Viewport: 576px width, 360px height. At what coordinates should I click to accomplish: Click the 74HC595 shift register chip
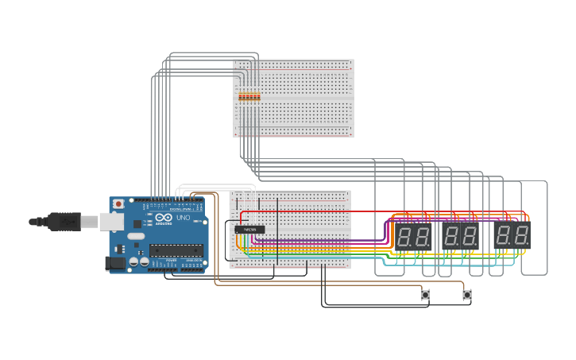coord(249,230)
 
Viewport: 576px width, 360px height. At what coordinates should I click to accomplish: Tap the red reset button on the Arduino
coord(118,204)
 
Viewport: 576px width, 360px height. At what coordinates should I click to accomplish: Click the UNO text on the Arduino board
coord(182,218)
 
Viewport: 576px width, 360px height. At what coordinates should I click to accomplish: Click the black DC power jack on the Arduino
coord(116,262)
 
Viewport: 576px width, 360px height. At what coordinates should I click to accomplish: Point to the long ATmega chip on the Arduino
coord(176,250)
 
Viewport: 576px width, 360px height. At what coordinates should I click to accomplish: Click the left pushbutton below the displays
coord(425,295)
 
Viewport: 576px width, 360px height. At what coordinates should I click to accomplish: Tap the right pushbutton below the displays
coord(467,295)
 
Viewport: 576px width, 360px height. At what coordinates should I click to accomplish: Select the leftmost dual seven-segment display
coord(413,235)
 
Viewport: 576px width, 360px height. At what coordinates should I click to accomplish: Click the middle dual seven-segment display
coord(460,235)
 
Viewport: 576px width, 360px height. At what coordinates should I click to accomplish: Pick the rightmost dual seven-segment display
coord(512,234)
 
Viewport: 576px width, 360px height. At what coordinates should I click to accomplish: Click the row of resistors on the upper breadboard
coord(249,96)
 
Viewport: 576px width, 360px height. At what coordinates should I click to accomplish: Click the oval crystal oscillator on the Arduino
coord(136,236)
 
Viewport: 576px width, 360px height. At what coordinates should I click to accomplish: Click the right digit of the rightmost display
coord(521,234)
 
